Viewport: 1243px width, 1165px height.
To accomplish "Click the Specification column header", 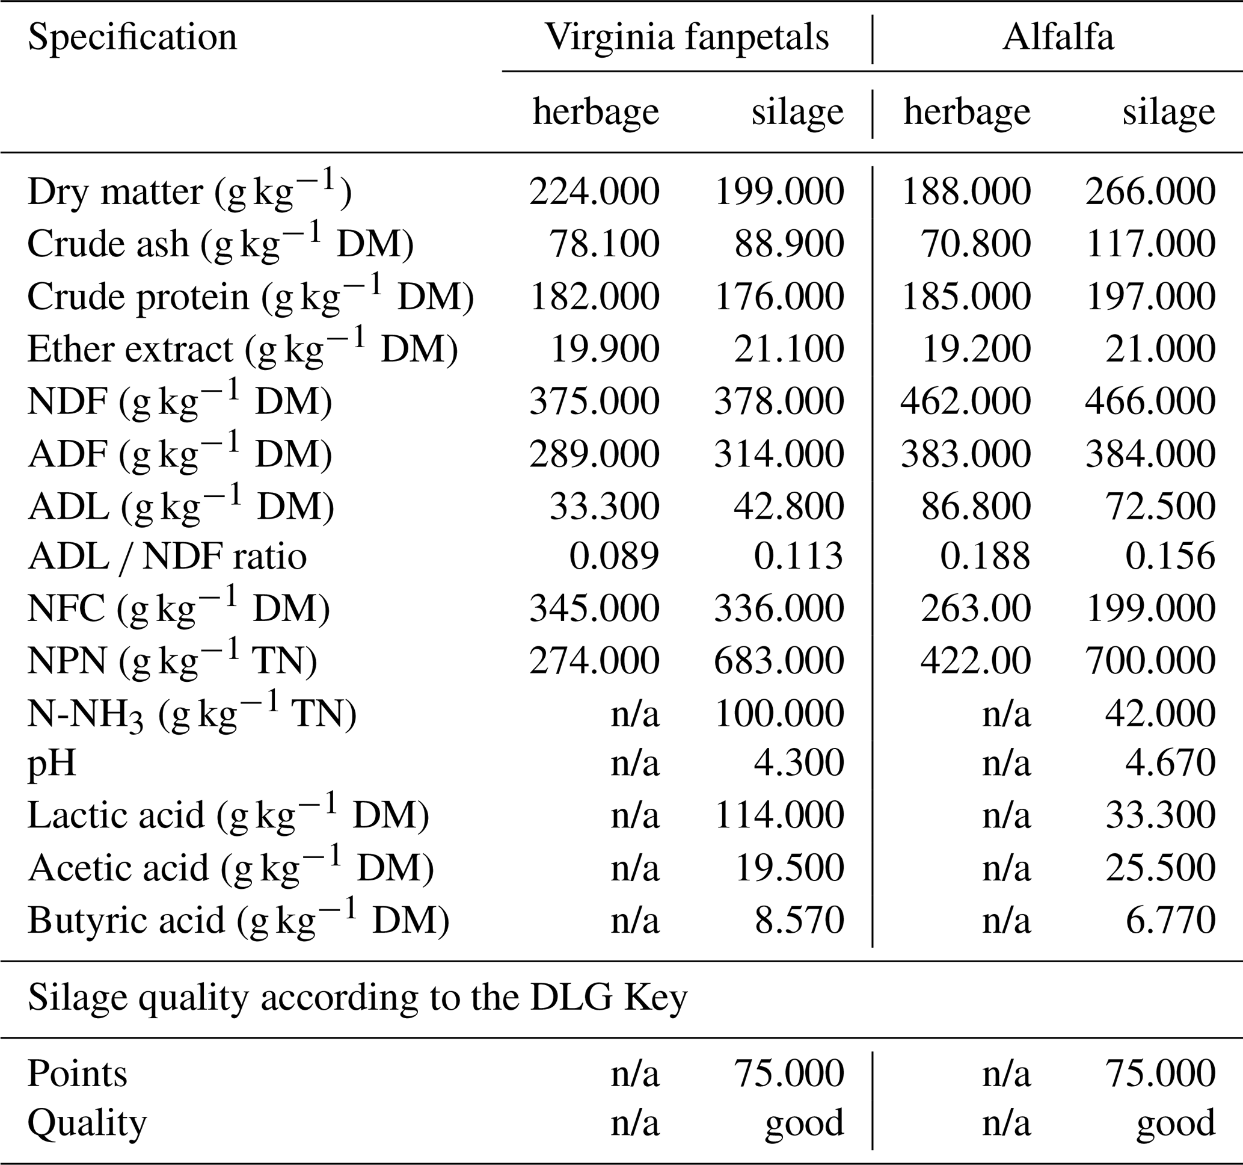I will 132,37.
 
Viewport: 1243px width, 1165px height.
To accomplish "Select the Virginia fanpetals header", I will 687,37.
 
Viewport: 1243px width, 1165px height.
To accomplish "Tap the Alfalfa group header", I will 1058,37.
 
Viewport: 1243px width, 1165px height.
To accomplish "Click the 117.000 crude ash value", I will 1150,243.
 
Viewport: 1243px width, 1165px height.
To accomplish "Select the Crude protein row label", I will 250,296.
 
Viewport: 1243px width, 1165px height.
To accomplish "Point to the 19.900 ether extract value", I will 604,348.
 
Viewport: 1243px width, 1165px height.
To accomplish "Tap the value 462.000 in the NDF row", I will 965,401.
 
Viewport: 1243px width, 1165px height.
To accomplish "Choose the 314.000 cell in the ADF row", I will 779,454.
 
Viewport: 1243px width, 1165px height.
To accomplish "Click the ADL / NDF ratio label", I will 167,556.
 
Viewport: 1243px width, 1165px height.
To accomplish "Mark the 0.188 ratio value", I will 985,556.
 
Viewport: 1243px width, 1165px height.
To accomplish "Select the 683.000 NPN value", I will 779,661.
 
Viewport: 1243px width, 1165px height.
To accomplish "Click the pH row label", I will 51,763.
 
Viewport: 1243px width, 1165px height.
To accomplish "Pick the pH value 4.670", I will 1170,763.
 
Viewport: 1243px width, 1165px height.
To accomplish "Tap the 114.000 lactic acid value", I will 779,815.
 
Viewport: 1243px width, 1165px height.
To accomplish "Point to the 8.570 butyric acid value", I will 799,919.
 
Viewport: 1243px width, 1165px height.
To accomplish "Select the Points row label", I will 77,1074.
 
